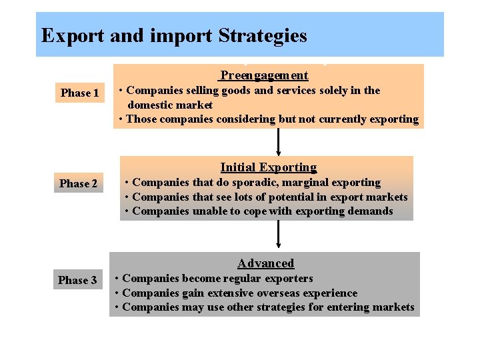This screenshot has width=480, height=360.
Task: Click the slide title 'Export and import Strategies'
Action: pos(174,35)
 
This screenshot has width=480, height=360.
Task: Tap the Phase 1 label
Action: pos(79,93)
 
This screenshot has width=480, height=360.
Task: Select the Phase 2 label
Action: pos(79,184)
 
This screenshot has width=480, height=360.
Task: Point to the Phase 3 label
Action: pos(77,281)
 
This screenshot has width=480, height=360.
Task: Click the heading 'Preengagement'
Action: pos(264,75)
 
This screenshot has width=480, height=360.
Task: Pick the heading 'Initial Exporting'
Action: pos(268,167)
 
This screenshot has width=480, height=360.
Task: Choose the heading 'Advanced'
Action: pos(265,263)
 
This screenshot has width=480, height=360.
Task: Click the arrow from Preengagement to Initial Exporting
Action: pos(279,142)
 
